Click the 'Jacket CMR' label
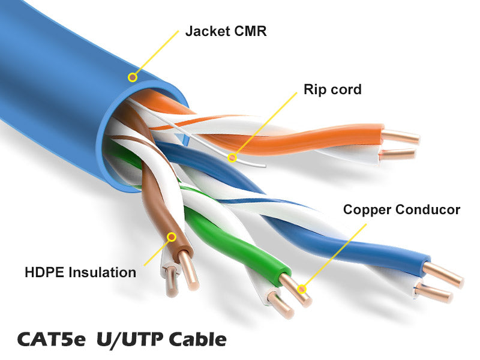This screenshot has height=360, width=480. coord(226,31)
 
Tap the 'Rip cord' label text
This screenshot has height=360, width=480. coord(332,89)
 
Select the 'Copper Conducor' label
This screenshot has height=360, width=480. coord(401,209)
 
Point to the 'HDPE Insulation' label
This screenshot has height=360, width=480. coord(80,272)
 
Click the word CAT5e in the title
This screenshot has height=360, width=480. coord(51,339)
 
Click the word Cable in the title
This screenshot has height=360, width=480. coord(198,339)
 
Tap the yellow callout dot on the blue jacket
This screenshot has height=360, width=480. coord(132,77)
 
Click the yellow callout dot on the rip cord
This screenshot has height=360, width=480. coord(232,158)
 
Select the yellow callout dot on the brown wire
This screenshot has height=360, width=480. coord(172,236)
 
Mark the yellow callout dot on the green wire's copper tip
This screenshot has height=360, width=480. coord(302,289)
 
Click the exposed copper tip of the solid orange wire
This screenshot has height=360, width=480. coord(401,137)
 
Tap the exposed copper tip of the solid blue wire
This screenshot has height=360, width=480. coord(443,275)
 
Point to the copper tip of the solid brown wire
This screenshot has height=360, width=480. coord(188,271)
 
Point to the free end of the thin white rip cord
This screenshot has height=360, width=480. coord(265,166)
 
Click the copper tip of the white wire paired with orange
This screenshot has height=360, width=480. coord(397,154)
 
